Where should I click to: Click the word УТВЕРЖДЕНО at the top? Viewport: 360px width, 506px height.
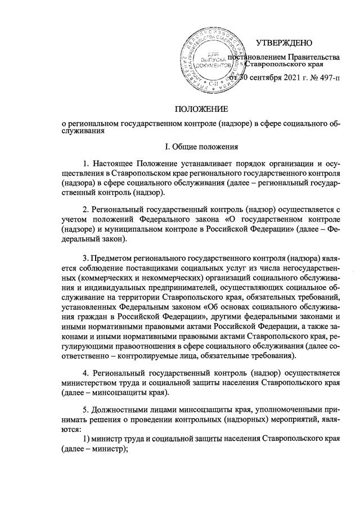click(x=283, y=43)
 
